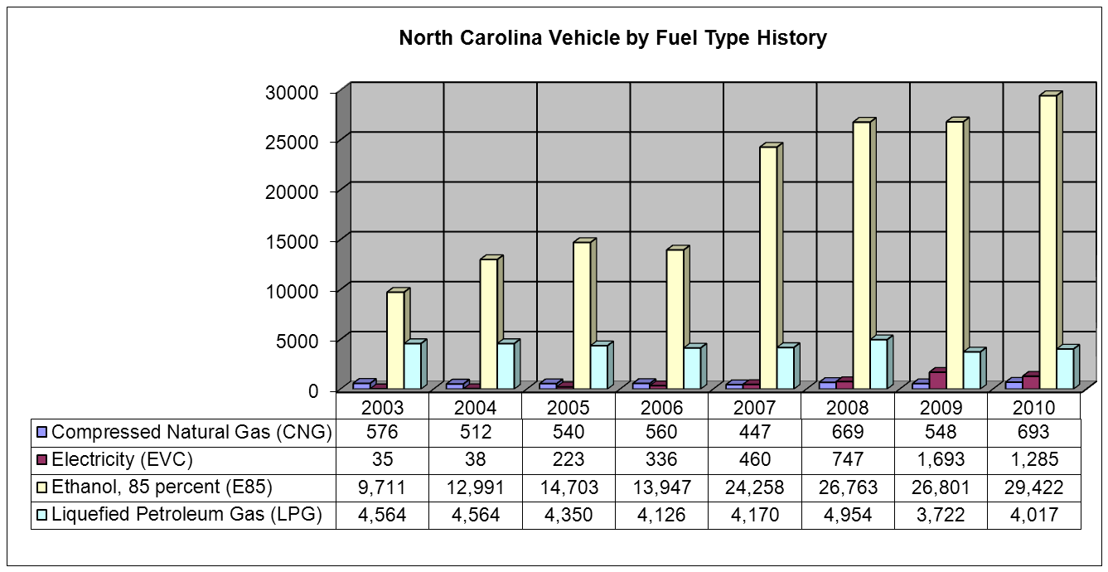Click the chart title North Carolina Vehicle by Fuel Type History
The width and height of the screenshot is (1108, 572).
click(612, 38)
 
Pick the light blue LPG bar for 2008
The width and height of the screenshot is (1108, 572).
click(878, 364)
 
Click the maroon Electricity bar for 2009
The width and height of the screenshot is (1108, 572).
click(937, 381)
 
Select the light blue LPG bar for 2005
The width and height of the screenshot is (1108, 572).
click(598, 367)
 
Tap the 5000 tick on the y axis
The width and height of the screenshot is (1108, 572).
click(296, 341)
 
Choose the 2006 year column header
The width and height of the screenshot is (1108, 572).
click(662, 408)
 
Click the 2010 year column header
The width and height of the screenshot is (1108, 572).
click(1033, 408)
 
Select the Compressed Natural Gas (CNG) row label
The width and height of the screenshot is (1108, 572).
click(191, 432)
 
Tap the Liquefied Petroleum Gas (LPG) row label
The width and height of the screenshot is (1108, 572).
click(186, 515)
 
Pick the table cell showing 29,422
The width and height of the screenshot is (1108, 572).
click(1033, 487)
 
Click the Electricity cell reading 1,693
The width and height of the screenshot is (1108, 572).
click(941, 460)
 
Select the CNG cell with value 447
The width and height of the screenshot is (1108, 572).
click(755, 432)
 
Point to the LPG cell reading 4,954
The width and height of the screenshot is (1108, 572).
click(848, 515)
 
